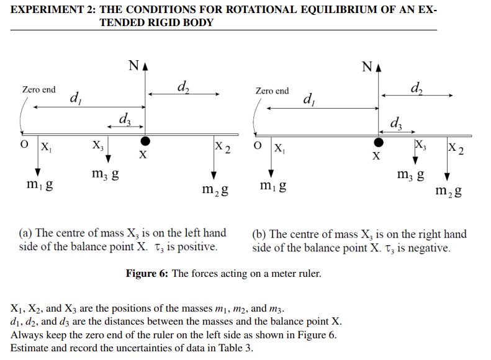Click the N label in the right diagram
pos(367,66)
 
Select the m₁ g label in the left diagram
pos(39,184)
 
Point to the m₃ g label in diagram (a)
pos(105,176)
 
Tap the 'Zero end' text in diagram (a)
pos(38,89)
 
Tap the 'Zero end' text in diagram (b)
pos(272,91)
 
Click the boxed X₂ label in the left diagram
pos(222,149)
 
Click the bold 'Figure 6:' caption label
pos(147,274)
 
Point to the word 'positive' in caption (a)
pos(197,247)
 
